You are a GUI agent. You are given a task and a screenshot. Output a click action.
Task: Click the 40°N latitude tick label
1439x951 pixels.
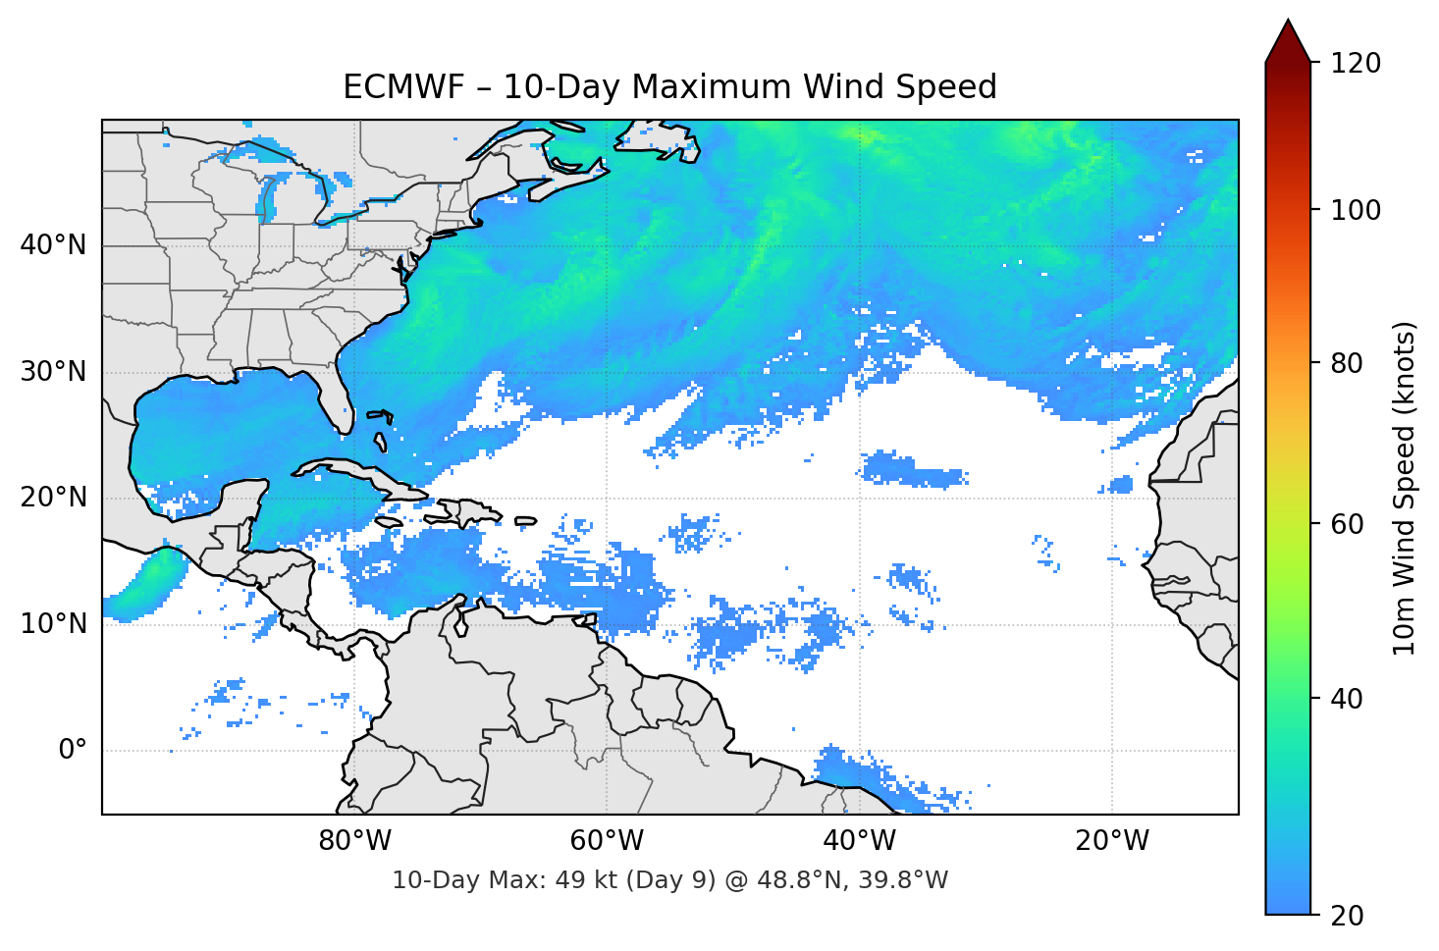(53, 245)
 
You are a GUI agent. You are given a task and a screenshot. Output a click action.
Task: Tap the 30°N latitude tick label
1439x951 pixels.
(53, 372)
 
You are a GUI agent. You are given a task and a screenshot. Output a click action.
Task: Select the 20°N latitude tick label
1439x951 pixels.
(53, 498)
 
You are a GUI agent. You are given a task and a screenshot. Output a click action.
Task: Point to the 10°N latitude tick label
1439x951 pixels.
(53, 624)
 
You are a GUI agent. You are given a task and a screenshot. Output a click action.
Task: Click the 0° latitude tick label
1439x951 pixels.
(73, 751)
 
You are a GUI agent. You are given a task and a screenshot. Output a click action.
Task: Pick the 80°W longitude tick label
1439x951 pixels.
(355, 841)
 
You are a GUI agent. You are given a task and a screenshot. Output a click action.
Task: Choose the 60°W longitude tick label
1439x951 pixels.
(608, 841)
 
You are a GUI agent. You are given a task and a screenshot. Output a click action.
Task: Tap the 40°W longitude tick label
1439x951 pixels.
(860, 841)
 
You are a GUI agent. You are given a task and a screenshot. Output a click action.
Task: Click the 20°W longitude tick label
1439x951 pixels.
(1112, 841)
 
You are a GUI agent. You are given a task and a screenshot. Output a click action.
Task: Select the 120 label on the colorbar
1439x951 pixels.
(1356, 64)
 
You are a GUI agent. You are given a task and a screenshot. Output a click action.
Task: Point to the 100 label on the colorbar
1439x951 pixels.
(1356, 210)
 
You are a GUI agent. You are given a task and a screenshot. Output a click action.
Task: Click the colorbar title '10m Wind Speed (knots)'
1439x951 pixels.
(1405, 488)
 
